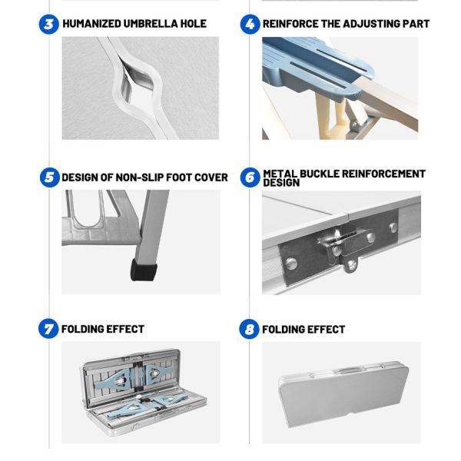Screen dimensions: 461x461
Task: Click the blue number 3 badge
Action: pos(49,24)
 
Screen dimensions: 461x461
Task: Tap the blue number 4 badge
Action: pos(250,24)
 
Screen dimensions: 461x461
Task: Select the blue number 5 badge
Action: pos(50,177)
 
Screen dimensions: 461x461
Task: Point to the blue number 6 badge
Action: pos(250,177)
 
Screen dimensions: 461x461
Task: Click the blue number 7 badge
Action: pos(48,328)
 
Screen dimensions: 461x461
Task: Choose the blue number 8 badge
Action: pos(249,329)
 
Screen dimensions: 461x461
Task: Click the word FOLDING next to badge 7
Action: pos(82,329)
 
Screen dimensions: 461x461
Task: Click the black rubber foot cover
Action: pos(144,270)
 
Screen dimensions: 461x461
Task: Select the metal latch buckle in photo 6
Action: pos(344,246)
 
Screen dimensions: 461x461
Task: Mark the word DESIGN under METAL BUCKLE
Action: pos(281,183)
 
